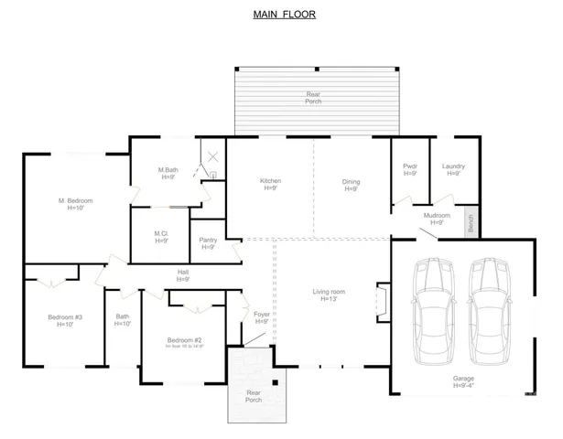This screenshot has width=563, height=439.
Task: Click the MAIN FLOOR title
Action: click(283, 16)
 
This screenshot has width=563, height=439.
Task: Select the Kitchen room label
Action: click(270, 184)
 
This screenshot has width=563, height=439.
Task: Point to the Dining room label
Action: click(351, 185)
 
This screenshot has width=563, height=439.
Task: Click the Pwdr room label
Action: click(410, 169)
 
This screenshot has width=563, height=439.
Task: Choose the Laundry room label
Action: click(453, 169)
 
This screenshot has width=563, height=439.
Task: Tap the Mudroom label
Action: click(434, 219)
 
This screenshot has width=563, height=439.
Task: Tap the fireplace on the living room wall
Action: click(382, 302)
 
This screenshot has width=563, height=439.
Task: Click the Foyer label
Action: click(261, 316)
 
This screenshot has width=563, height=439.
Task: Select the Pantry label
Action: click(208, 243)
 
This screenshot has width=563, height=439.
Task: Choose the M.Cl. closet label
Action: click(161, 237)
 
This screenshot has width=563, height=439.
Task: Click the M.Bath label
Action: click(168, 173)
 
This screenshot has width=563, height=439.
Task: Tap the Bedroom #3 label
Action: click(65, 320)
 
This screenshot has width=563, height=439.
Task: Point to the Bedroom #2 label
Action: click(183, 341)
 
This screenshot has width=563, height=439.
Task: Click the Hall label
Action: click(183, 274)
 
